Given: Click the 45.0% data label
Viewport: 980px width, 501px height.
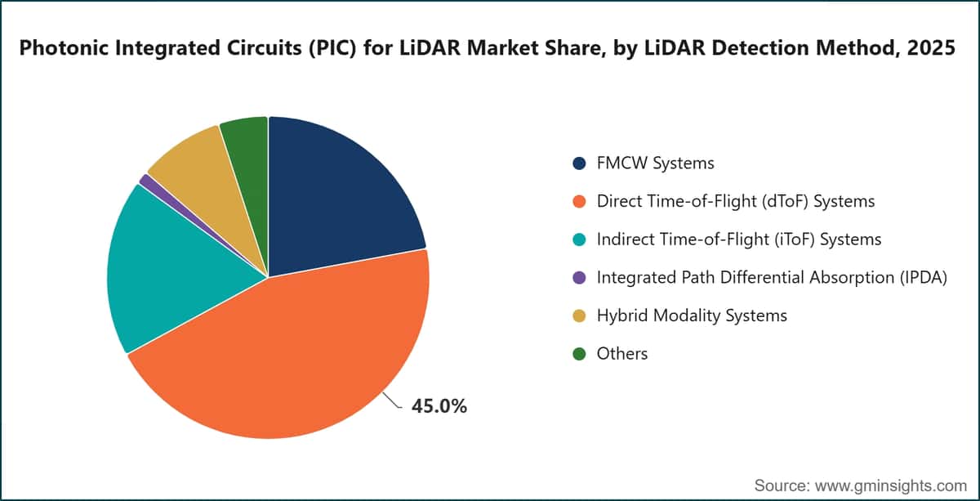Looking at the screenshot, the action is tap(439, 406).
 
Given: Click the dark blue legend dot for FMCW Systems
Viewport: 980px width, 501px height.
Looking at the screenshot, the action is tap(579, 163).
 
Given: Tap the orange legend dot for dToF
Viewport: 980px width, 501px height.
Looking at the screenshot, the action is tap(579, 201).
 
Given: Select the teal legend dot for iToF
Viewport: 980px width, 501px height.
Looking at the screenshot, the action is tap(579, 239).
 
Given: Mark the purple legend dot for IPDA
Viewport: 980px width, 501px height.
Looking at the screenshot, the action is tap(579, 278).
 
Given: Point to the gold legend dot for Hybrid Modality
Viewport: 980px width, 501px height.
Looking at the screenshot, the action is tap(579, 315).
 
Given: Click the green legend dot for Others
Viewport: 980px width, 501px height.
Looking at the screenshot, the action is tap(579, 354).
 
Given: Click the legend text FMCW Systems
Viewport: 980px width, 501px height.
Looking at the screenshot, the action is tap(655, 163).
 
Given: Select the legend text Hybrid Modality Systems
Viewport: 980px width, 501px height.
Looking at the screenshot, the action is tap(693, 315).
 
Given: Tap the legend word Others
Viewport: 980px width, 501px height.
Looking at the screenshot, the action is tap(622, 354).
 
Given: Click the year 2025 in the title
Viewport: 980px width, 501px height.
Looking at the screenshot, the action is tap(931, 47).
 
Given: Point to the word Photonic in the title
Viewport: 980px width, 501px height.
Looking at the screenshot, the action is tap(63, 47).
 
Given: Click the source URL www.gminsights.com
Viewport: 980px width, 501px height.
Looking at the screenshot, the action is tap(890, 485).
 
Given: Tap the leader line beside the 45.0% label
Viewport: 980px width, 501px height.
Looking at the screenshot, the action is tap(392, 400).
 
